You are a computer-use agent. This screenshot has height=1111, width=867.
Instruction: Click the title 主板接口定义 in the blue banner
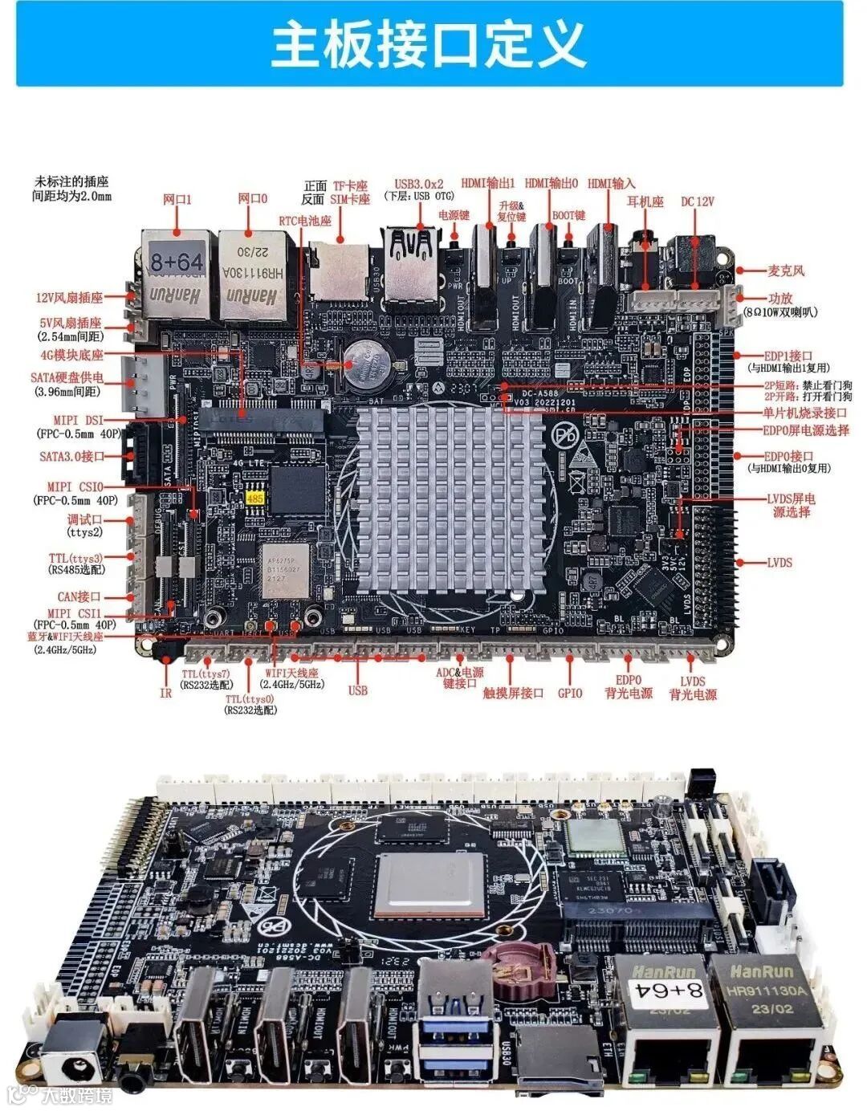pyautogui.click(x=429, y=45)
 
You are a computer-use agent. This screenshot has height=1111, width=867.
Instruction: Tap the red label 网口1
pyautogui.click(x=177, y=198)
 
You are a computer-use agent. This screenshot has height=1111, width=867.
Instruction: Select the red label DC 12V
pyautogui.click(x=697, y=201)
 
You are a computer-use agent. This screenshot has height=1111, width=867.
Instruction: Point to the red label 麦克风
pyautogui.click(x=786, y=271)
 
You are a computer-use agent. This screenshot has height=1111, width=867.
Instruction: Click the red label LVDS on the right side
pyautogui.click(x=778, y=562)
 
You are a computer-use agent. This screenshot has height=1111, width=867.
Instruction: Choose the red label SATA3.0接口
pyautogui.click(x=71, y=456)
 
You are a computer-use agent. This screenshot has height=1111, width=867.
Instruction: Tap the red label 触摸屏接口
pyautogui.click(x=513, y=693)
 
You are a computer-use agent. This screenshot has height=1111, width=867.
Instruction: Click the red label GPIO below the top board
pyautogui.click(x=570, y=693)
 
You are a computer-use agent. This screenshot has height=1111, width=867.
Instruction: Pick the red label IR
pyautogui.click(x=165, y=693)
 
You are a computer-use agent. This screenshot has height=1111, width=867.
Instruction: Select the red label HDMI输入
pyautogui.click(x=611, y=183)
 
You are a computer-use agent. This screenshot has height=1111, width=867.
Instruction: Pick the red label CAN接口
pyautogui.click(x=79, y=596)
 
